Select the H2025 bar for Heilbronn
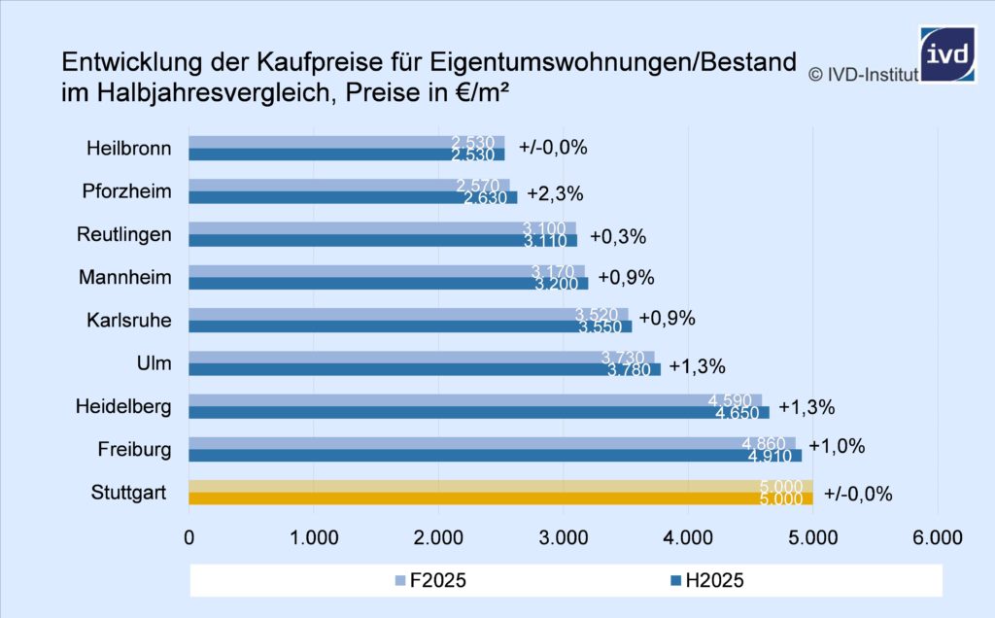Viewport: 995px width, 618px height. pos(346,154)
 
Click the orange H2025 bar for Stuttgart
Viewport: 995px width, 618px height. pos(500,498)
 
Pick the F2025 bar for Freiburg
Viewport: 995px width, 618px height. pos(492,442)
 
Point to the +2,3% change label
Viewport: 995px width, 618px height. pos(555,193)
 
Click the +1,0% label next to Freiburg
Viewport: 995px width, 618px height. pos(837,447)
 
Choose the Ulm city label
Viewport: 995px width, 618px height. pos(155,363)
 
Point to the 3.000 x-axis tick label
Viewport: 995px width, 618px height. pos(564,537)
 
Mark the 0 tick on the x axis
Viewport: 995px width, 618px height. pos(189,537)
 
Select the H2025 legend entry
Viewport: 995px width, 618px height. pos(708,581)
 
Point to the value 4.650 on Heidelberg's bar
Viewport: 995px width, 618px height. pos(737,413)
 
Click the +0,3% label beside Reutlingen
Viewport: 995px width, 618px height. pos(617,236)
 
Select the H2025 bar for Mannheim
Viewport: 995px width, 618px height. pos(389,284)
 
